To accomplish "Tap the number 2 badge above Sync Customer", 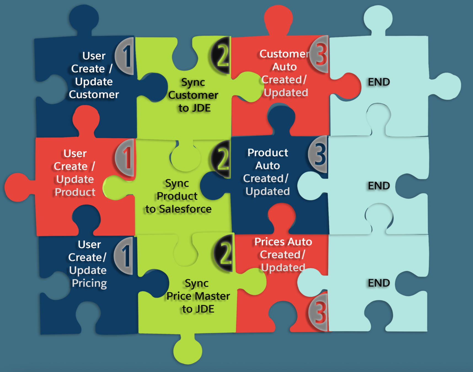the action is click(221, 55).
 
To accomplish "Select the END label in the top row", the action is click(379, 82).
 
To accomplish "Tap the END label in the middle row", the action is click(379, 186).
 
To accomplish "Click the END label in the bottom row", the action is click(379, 283).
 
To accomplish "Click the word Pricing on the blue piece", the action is click(89, 283).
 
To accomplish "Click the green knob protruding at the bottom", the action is click(188, 351).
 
